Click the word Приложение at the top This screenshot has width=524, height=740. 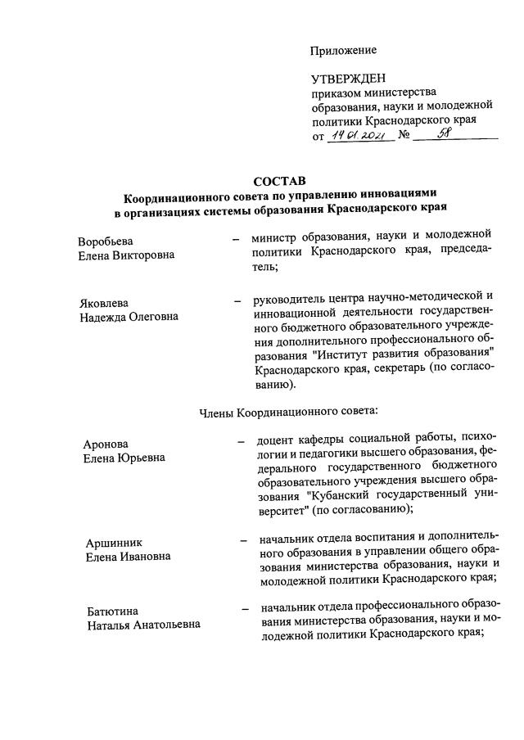point(343,51)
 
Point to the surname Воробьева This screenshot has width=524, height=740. point(106,241)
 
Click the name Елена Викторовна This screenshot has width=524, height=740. point(126,255)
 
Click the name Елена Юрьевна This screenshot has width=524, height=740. point(124,458)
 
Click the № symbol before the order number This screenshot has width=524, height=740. point(403,136)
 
